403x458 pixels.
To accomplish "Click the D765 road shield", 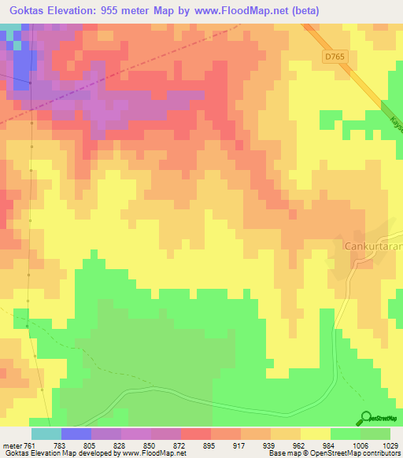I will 334,57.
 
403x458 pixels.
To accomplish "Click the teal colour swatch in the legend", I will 46,434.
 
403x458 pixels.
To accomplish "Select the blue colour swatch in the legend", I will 76,434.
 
